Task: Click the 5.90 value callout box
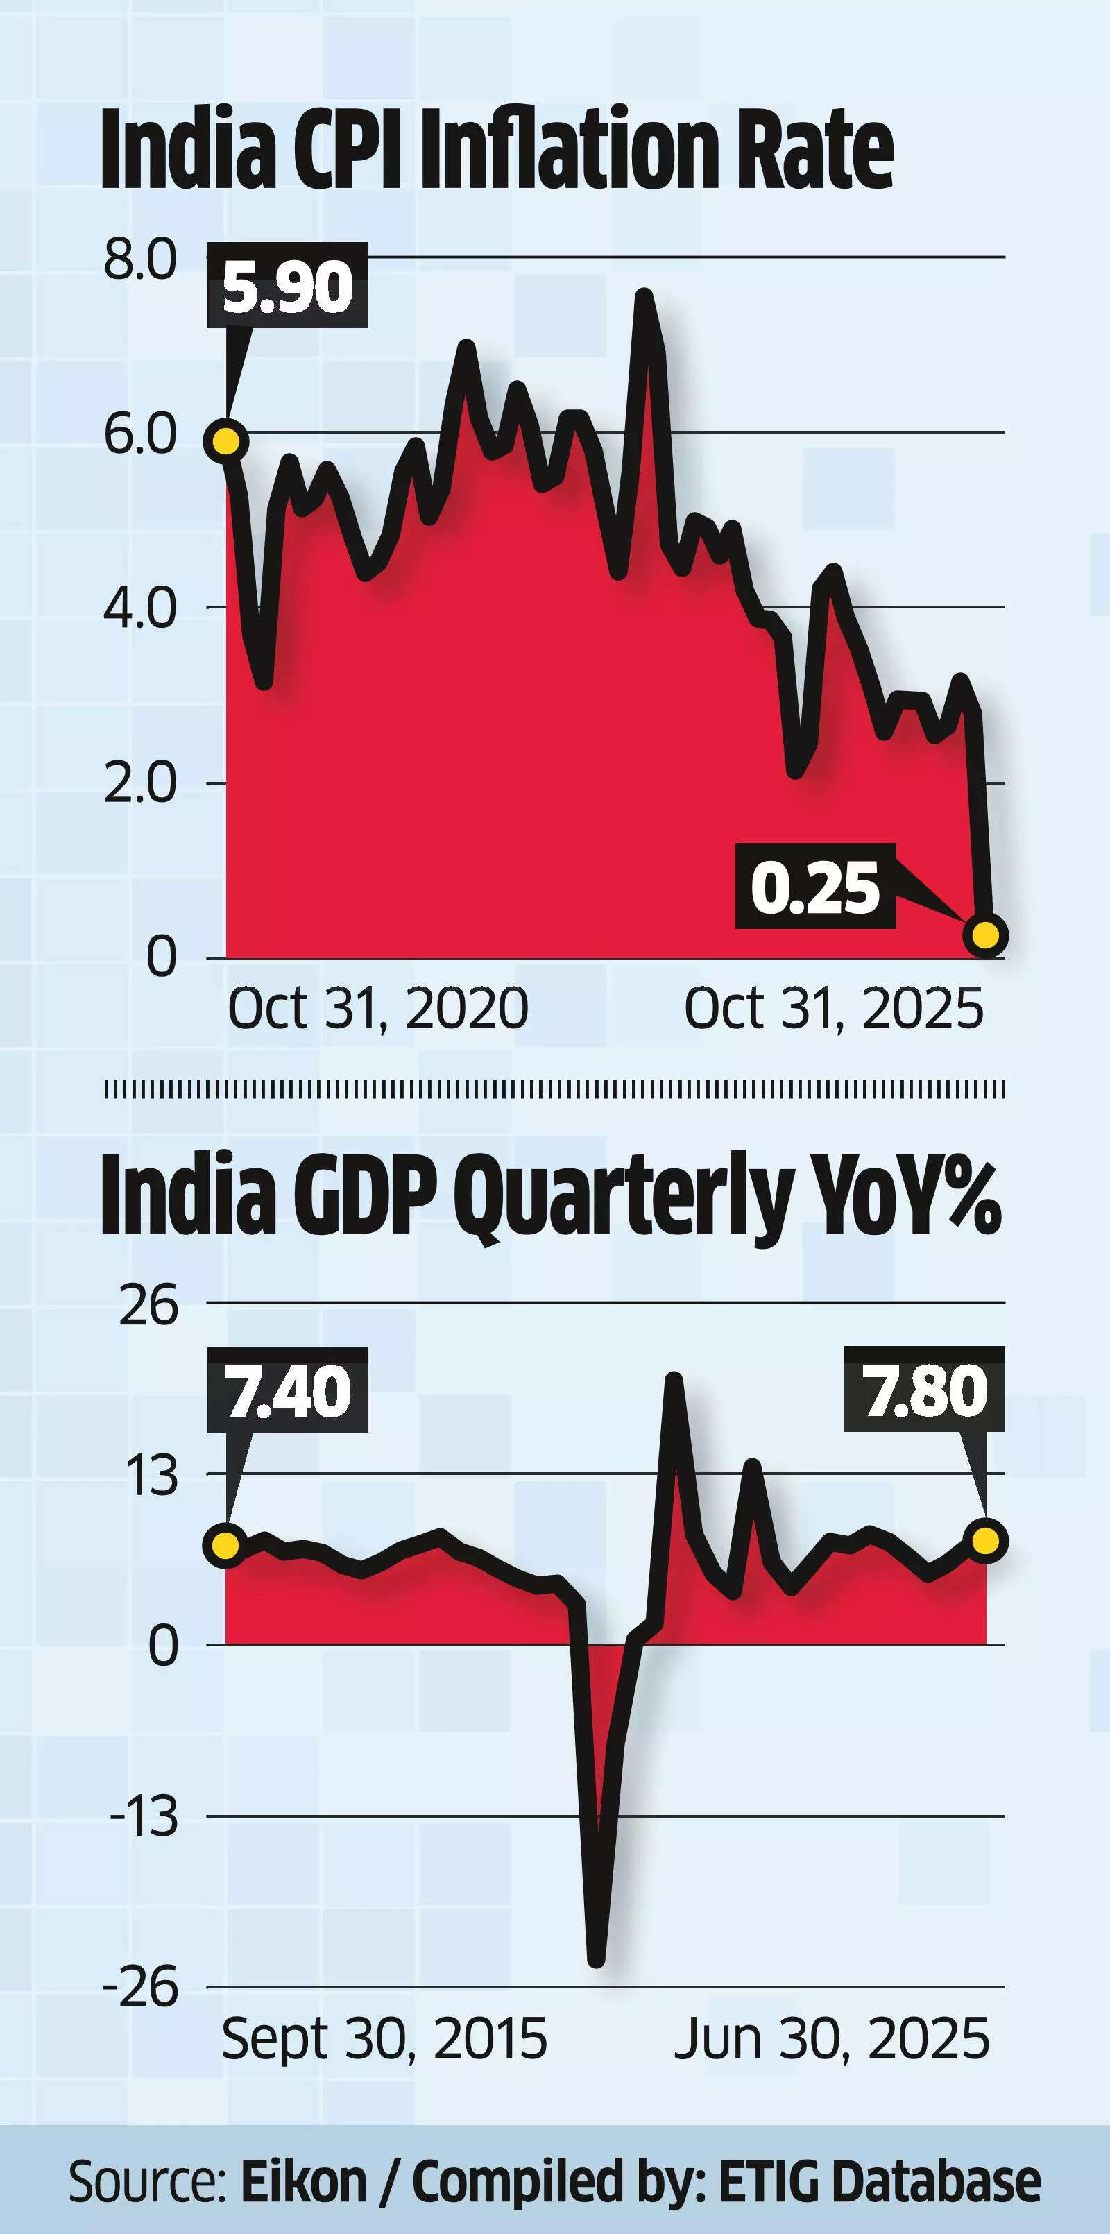pos(287,286)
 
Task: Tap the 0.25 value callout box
pos(815,887)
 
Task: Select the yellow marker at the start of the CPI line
pos(226,441)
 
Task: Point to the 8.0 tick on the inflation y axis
pos(139,258)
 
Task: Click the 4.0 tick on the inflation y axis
pos(139,608)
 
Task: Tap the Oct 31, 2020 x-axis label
pos(378,1009)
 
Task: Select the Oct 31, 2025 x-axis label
pos(833,1009)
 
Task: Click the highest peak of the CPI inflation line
pos(644,296)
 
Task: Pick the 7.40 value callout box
pos(287,1391)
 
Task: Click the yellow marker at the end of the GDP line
pos(985,1541)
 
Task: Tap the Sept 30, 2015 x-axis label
pos(384,2040)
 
